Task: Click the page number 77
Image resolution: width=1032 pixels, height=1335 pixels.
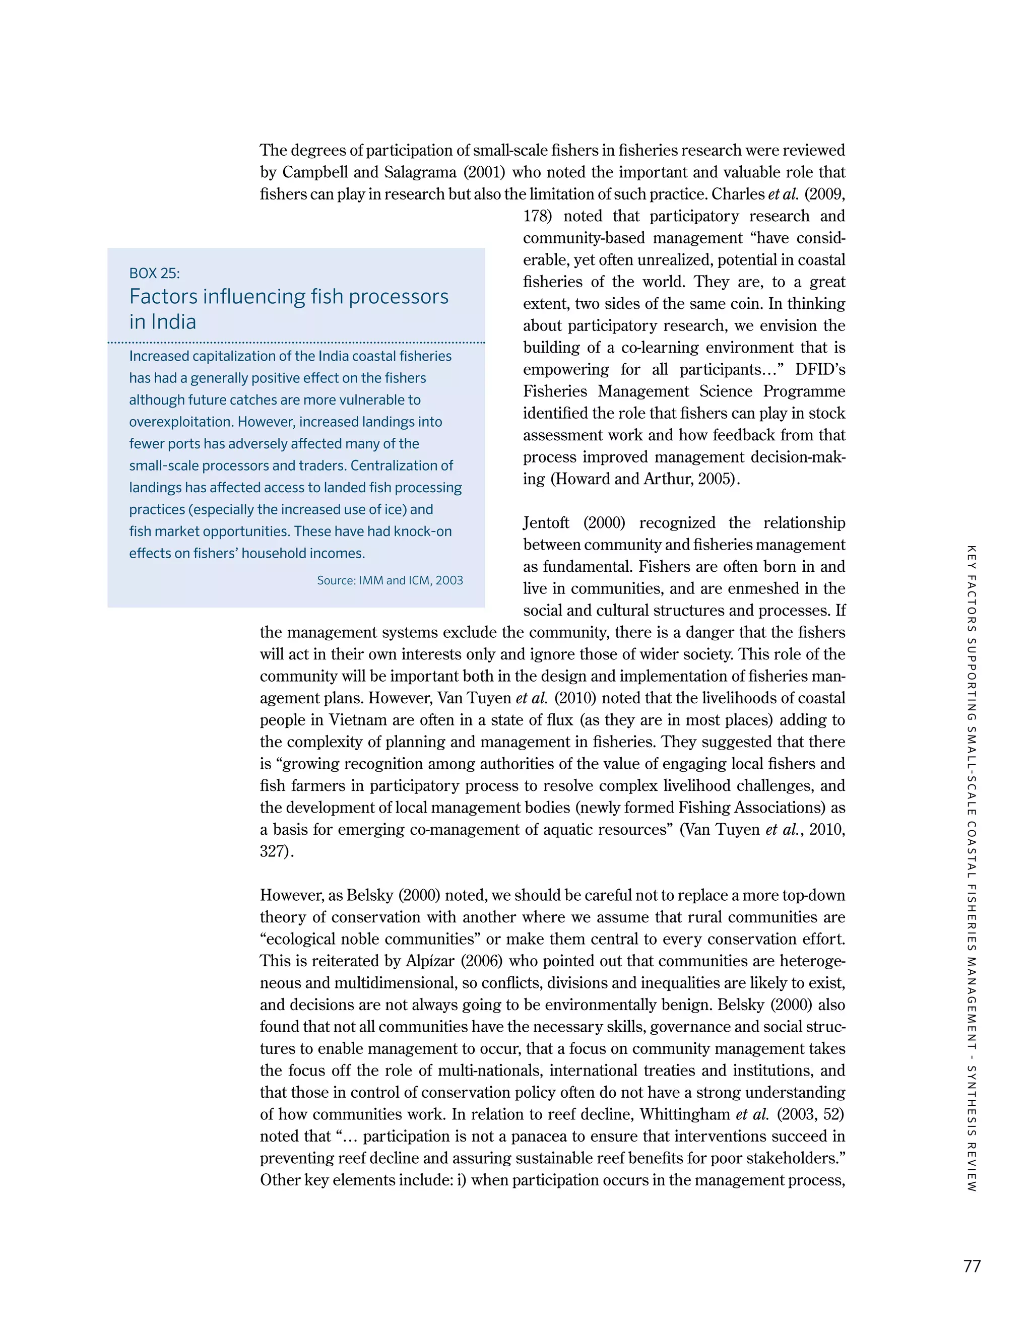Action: (972, 1266)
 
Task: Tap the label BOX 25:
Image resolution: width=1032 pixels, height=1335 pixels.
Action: (154, 273)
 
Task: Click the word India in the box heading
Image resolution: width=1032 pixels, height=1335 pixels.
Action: (163, 321)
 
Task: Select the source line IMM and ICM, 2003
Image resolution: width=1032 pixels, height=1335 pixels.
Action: (390, 580)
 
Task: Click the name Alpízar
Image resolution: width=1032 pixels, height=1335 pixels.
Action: (430, 961)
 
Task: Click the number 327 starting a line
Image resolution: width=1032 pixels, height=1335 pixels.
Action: (272, 851)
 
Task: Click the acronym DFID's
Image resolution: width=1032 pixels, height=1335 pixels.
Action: (820, 370)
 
